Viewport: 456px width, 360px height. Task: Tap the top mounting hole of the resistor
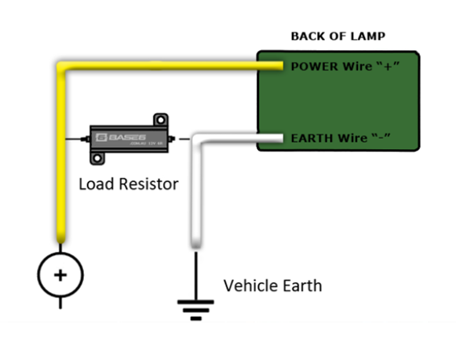click(161, 120)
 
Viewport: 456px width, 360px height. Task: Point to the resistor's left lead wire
click(77, 139)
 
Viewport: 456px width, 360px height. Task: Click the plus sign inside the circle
click(60, 274)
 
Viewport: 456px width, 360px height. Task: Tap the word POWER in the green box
click(310, 66)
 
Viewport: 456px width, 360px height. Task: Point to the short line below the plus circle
click(60, 301)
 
